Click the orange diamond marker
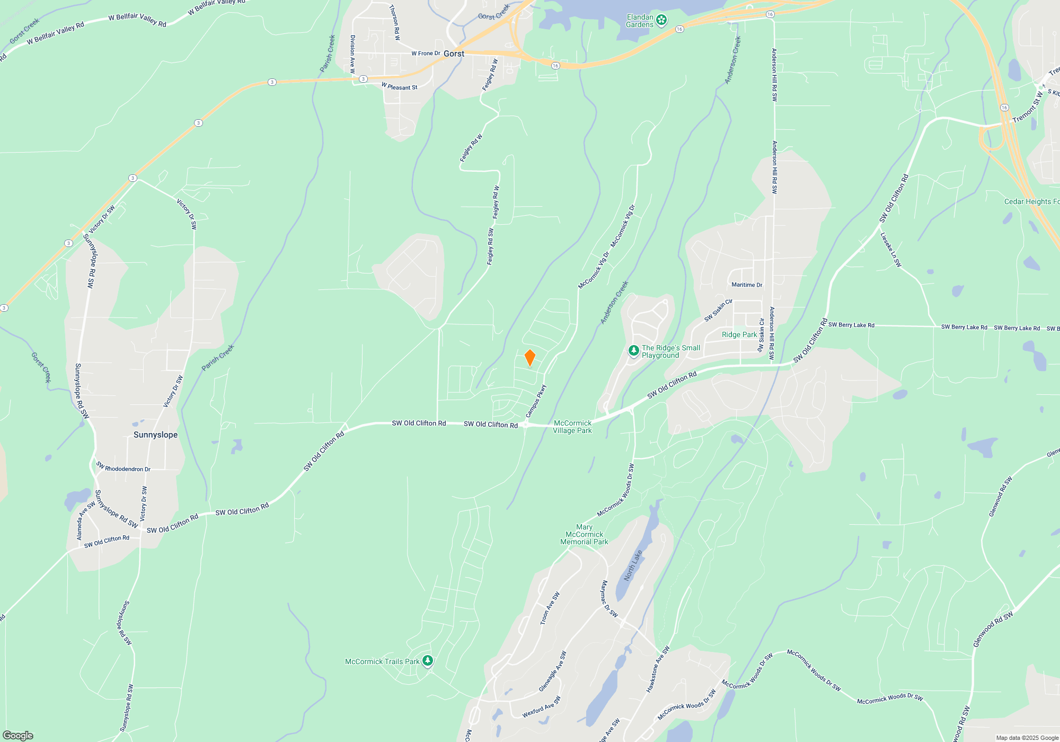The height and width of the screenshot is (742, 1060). pyautogui.click(x=529, y=358)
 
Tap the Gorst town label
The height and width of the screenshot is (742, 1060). pyautogui.click(x=454, y=54)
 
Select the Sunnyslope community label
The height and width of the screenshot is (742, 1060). pyautogui.click(x=155, y=435)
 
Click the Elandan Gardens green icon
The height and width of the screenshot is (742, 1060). pyautogui.click(x=661, y=20)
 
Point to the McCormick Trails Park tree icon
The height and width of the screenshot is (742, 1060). pyautogui.click(x=428, y=661)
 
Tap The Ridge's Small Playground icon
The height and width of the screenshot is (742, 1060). pyautogui.click(x=633, y=350)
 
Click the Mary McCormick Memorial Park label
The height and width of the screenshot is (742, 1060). pyautogui.click(x=584, y=534)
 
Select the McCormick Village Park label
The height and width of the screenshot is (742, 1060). pyautogui.click(x=572, y=427)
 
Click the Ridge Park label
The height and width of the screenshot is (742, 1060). pyautogui.click(x=739, y=334)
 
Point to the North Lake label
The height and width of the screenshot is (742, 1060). pyautogui.click(x=633, y=566)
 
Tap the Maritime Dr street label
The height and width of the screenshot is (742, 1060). pyautogui.click(x=747, y=285)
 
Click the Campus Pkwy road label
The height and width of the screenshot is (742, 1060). pyautogui.click(x=536, y=401)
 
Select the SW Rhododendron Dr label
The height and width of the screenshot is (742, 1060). pyautogui.click(x=123, y=467)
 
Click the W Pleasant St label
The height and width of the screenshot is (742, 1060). pyautogui.click(x=400, y=86)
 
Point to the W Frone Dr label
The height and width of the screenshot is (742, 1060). pyautogui.click(x=426, y=54)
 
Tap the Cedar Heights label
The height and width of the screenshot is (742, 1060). pyautogui.click(x=1031, y=201)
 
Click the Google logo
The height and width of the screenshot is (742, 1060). pyautogui.click(x=18, y=735)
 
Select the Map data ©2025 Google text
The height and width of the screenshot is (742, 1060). pyautogui.click(x=1027, y=738)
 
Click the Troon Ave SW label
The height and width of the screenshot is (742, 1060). pyautogui.click(x=550, y=608)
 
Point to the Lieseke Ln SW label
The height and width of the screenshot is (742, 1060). pyautogui.click(x=890, y=250)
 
